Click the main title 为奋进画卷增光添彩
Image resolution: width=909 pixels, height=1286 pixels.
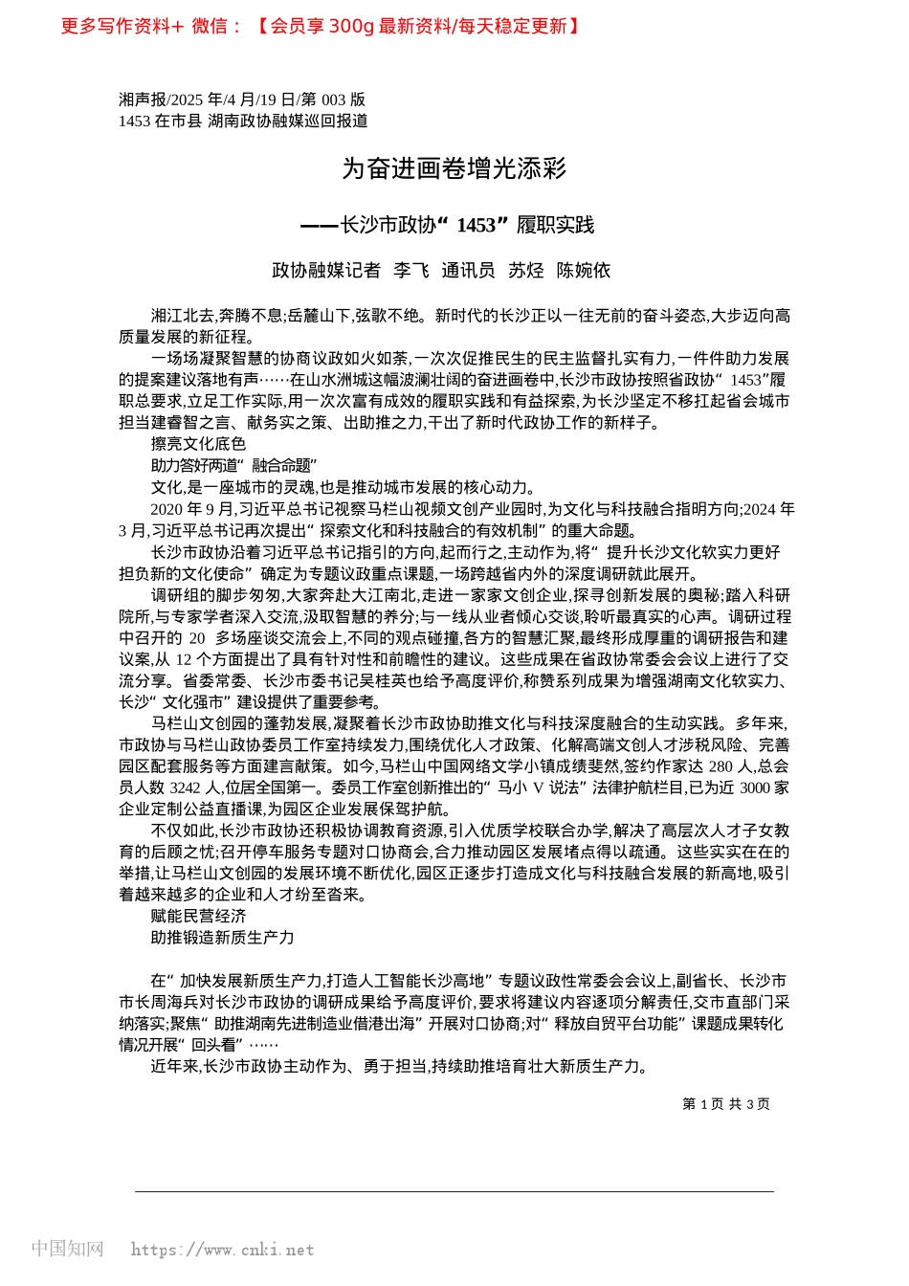(454, 169)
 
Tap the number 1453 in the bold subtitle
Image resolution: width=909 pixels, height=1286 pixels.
(476, 225)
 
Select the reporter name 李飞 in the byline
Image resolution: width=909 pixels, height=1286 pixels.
(411, 271)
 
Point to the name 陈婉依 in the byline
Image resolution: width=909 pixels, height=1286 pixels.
(584, 271)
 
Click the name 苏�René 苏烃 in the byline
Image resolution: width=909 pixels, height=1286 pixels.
(526, 271)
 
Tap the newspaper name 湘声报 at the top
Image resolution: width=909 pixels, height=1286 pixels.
(142, 100)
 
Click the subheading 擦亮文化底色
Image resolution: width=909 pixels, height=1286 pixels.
(198, 444)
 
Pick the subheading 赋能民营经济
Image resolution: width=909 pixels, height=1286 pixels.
(198, 917)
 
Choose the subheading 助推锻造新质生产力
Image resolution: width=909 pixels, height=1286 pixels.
(222, 938)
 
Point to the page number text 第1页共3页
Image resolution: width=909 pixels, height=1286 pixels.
(726, 1104)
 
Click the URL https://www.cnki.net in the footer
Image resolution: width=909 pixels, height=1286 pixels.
(222, 1250)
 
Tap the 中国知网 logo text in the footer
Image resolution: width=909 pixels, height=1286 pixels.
(67, 1249)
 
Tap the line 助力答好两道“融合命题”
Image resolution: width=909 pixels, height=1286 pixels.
(233, 466)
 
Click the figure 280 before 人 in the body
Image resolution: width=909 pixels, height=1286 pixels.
(721, 766)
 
